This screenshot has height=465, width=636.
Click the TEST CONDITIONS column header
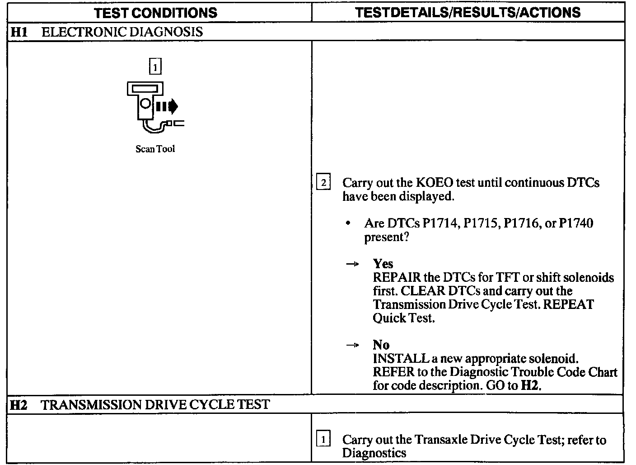(156, 12)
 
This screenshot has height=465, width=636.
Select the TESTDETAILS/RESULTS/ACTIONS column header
(468, 12)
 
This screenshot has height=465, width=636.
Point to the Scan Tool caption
(155, 149)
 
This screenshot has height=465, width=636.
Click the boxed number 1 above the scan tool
(155, 67)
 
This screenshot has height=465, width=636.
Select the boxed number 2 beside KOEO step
(323, 183)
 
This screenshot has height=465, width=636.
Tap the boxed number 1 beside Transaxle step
(323, 439)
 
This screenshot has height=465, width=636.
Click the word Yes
(383, 264)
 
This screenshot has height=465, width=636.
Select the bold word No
(381, 345)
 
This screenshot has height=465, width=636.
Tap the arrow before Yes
(352, 264)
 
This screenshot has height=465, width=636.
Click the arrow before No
(352, 346)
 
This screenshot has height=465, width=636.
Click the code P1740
(575, 223)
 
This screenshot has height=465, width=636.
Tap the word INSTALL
(400, 359)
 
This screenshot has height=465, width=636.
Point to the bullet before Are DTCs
(348, 223)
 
